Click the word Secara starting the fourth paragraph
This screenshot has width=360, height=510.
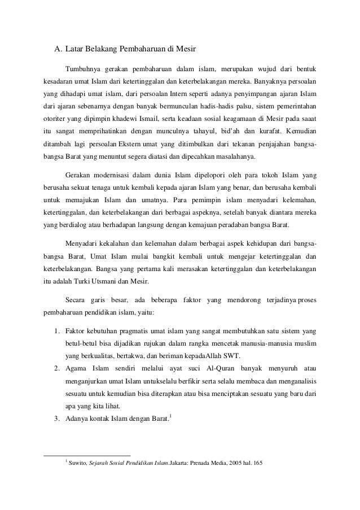coord(77,299)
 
